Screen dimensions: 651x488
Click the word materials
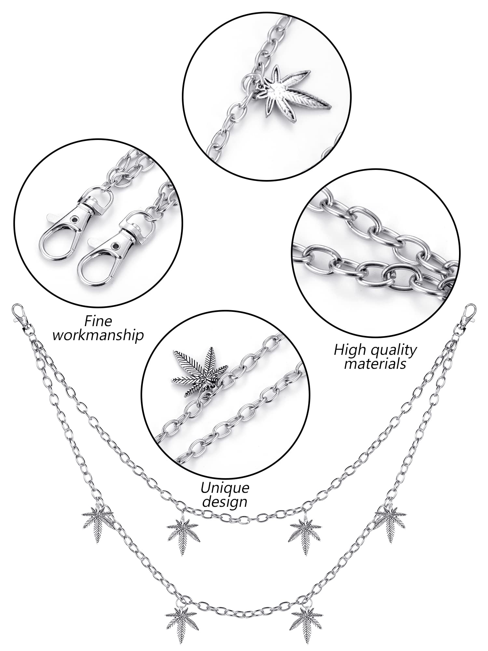tap(375, 364)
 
